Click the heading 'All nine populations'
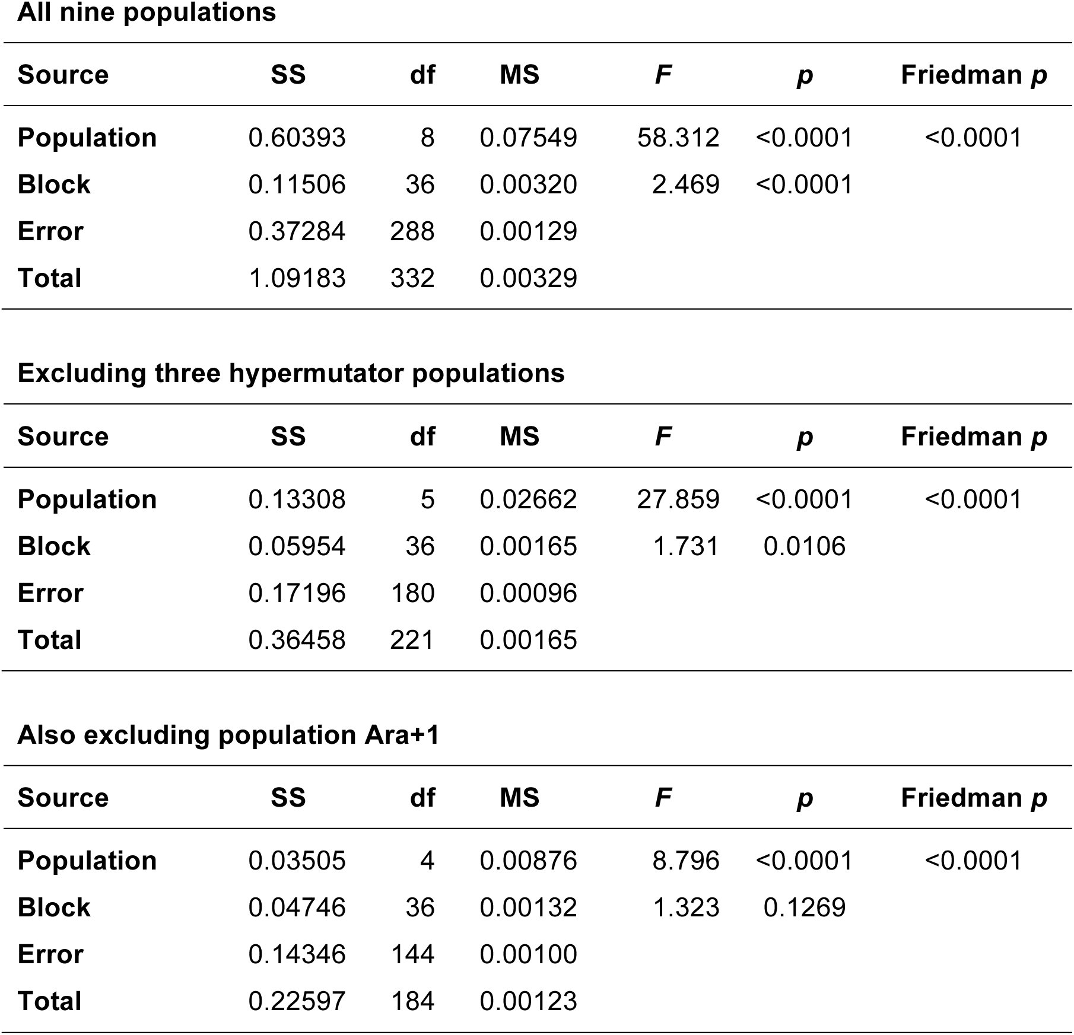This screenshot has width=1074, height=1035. (147, 12)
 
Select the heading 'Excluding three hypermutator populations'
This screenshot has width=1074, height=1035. (291, 373)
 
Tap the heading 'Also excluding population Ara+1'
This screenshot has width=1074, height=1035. (228, 735)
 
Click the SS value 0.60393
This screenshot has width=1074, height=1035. (297, 138)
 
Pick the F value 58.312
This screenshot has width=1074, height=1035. (678, 138)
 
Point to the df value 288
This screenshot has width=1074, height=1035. (412, 231)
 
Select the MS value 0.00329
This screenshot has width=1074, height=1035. (528, 278)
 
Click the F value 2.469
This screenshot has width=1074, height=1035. (685, 184)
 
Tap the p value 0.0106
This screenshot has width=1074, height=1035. (805, 546)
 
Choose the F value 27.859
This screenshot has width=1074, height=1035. (678, 499)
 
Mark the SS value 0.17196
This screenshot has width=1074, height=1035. (297, 593)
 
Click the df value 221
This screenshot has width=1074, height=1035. (412, 640)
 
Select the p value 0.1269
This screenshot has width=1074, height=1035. (805, 907)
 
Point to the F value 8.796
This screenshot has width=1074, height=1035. (685, 861)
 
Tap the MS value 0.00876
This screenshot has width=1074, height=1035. (528, 861)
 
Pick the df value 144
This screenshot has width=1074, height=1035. (412, 954)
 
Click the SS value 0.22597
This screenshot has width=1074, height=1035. (297, 1001)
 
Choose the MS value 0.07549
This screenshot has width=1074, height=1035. (528, 138)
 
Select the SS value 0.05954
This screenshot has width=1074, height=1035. (297, 546)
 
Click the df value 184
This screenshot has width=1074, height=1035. (412, 1001)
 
